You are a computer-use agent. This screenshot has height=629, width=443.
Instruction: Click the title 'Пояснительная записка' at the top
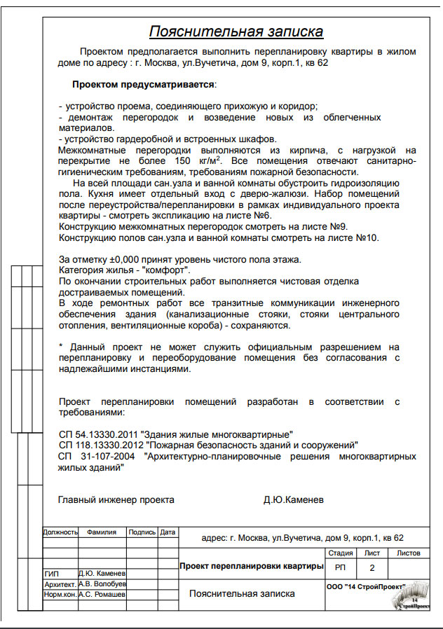236,32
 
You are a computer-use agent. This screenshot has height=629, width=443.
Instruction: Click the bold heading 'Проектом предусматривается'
143,84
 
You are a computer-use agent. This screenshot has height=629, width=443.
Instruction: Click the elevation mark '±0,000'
123,260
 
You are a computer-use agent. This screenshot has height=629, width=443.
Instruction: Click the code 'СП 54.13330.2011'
99,434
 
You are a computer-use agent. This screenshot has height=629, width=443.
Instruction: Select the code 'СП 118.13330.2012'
101,445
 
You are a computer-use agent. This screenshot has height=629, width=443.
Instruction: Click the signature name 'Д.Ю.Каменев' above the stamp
294,500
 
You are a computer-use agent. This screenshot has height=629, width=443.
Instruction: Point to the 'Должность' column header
60,532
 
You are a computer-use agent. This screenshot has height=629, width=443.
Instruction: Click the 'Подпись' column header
142,532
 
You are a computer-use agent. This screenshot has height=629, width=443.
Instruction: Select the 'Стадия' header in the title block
340,553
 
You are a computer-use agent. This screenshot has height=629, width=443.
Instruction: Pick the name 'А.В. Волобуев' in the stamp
102,583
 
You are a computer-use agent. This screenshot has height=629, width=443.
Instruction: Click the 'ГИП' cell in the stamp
53,574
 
